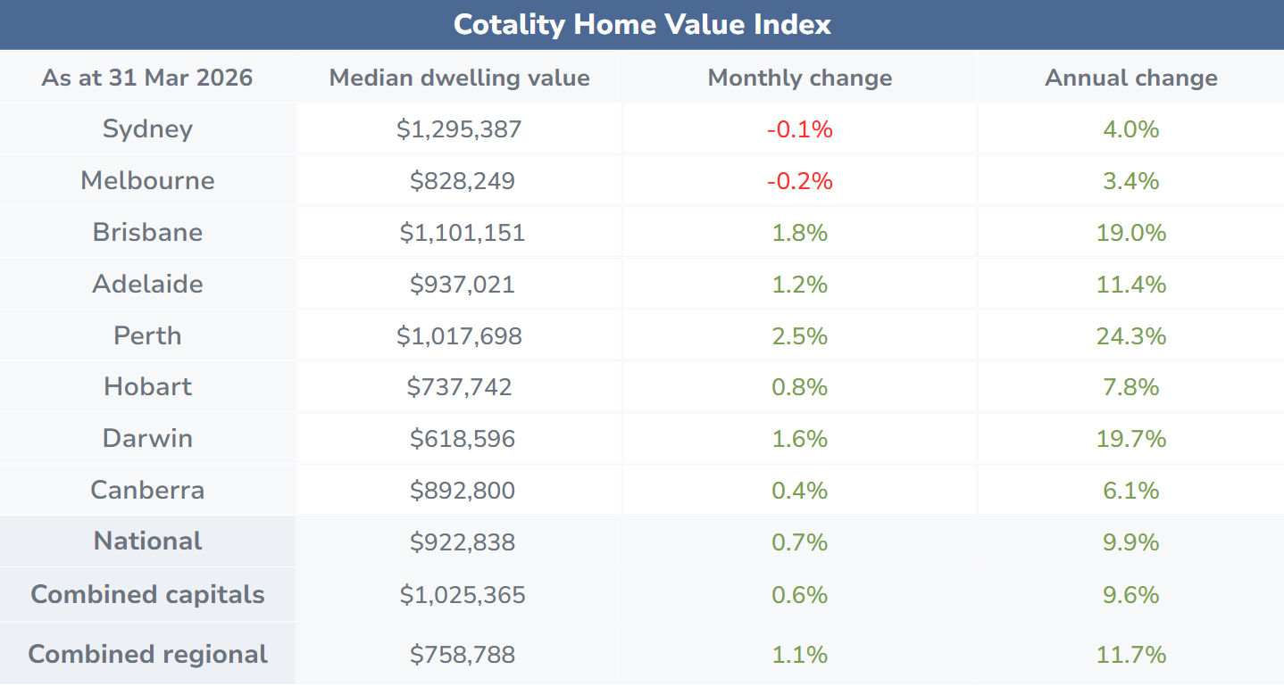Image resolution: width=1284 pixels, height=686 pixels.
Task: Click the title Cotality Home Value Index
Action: [642, 24]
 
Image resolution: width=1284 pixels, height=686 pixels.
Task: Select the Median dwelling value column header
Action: [459, 78]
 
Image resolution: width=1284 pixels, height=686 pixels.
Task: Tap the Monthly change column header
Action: [799, 78]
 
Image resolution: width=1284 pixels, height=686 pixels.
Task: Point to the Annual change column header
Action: [1130, 78]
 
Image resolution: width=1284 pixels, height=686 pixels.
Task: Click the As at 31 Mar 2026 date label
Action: [147, 78]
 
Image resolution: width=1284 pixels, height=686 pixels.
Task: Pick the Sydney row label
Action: [147, 128]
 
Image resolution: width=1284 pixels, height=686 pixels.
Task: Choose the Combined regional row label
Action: [147, 654]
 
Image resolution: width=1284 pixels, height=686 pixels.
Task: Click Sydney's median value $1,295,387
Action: [459, 129]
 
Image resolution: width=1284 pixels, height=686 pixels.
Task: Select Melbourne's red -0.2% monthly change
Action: [799, 181]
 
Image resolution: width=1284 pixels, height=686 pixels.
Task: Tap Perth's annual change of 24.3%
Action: [1130, 336]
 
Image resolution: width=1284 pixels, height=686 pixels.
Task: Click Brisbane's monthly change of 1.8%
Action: [799, 233]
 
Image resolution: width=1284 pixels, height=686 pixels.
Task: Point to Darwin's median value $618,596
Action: [462, 439]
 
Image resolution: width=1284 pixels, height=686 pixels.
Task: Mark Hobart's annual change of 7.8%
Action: [1130, 387]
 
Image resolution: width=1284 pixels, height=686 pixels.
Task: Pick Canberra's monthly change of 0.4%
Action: [799, 491]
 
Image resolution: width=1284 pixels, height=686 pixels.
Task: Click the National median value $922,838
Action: [462, 542]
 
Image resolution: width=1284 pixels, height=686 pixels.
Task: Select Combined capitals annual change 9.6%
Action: [1130, 595]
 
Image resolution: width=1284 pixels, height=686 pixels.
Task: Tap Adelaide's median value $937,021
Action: [462, 285]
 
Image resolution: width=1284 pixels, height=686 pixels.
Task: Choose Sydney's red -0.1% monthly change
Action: [799, 129]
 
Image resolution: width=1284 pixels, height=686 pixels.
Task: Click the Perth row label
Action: [147, 335]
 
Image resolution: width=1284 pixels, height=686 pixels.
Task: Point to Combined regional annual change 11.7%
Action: [1130, 655]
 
